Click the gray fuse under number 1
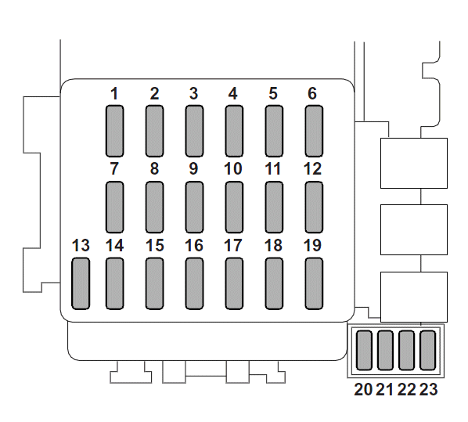pos(114,131)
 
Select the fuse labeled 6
pos(314,131)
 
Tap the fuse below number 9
pos(194,207)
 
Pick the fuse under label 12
pos(314,207)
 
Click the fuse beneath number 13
pos(81,283)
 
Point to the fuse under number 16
pos(194,283)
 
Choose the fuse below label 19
pos(314,283)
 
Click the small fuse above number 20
pos(364,350)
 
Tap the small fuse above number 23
pos(428,350)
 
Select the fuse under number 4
pos(234,131)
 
